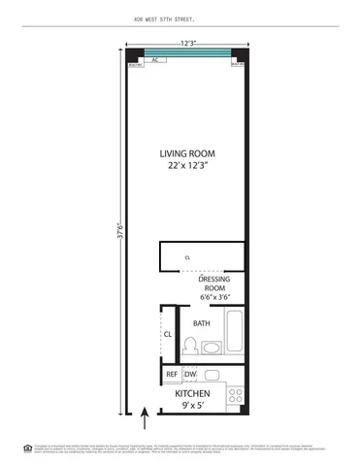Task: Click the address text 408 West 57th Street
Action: click(180, 17)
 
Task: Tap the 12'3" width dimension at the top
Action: click(187, 42)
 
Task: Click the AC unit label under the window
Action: click(155, 59)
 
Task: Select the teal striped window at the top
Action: click(187, 51)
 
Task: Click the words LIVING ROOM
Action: click(187, 153)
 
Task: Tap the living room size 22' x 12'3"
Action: click(187, 166)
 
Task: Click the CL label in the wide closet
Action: click(188, 257)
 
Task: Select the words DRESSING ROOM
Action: click(213, 283)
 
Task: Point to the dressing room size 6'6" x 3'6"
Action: click(213, 296)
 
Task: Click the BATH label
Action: click(202, 323)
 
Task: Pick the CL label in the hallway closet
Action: click(168, 335)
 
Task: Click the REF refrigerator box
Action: click(172, 374)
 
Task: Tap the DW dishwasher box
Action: click(190, 374)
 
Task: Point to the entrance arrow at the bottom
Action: click(147, 419)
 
